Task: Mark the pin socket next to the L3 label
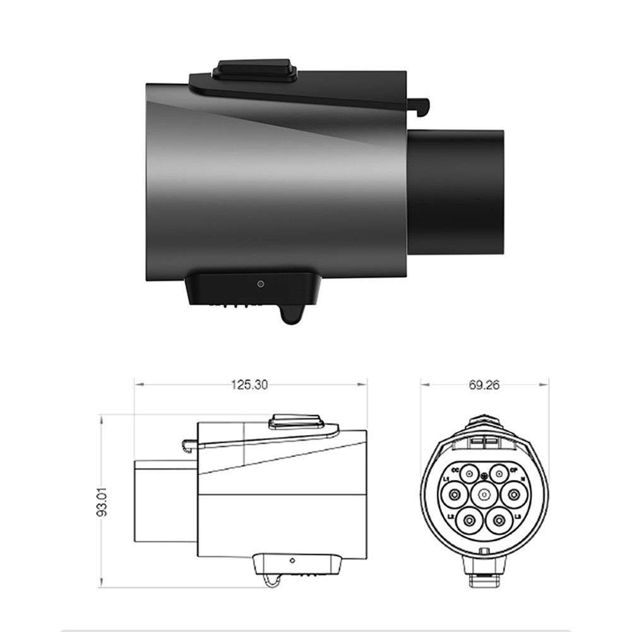[x=500, y=520]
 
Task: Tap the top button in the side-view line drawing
[x=295, y=420]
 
